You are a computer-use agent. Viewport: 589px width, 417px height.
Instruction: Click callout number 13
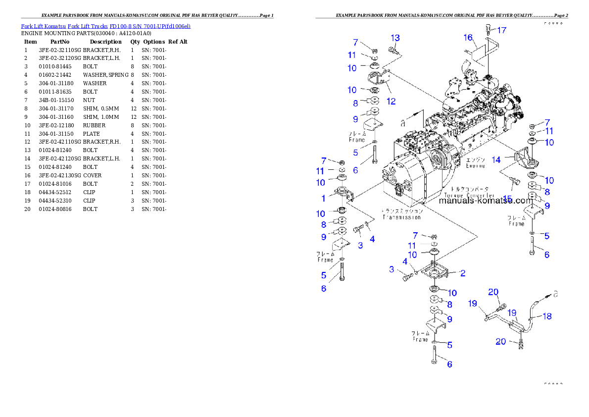coord(395,38)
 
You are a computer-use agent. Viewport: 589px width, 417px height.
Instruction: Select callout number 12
coord(391,102)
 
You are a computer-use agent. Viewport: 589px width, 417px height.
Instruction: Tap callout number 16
coord(468,37)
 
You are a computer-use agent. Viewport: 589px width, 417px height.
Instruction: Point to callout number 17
coord(501,30)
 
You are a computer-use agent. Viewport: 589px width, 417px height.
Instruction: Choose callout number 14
coord(496,159)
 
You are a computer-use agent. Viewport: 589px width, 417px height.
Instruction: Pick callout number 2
coord(462,273)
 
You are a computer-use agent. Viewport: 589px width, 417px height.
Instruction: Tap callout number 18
coord(547,316)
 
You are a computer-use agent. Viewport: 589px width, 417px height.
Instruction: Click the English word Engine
coord(475,166)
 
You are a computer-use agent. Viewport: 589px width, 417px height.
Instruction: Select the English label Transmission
coord(401,217)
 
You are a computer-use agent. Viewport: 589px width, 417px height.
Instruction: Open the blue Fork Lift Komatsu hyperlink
coord(105,26)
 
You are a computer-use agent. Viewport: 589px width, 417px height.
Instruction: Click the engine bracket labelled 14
coord(526,160)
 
